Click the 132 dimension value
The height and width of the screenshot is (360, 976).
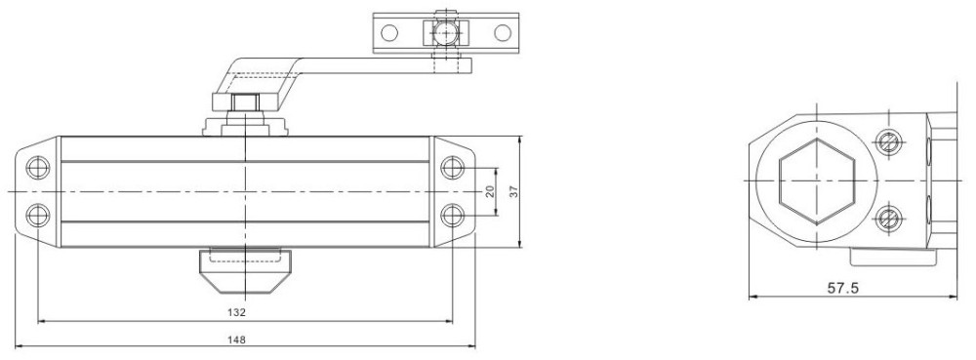[237, 312]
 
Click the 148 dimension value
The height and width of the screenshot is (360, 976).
[237, 340]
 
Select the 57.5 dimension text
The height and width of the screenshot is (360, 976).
[843, 288]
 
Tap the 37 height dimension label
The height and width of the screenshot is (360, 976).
[513, 191]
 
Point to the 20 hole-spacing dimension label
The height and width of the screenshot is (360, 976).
[490, 191]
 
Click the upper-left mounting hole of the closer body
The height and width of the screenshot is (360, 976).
[38, 167]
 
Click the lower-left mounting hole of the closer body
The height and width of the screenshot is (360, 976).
[38, 216]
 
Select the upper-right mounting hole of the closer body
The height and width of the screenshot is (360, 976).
[453, 167]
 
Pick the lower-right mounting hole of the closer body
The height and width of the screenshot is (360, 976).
[453, 216]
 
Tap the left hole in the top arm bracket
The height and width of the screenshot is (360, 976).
[389, 32]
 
